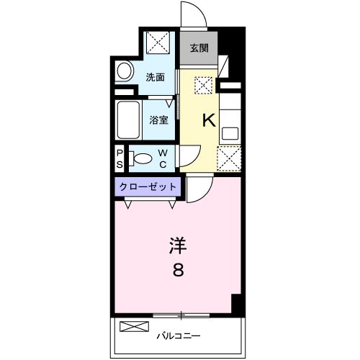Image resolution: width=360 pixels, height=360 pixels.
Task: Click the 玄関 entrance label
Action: [x=199, y=48]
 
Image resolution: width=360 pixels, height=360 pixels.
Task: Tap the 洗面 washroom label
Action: [x=156, y=77]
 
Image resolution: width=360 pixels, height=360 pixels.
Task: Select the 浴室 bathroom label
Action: [x=159, y=120]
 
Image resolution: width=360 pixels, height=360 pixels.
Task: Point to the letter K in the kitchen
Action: [x=208, y=121]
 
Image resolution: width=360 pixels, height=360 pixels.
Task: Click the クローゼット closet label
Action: [x=148, y=186]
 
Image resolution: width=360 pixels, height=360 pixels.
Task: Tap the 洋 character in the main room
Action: [x=177, y=246]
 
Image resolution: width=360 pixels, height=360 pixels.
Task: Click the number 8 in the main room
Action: [x=177, y=271]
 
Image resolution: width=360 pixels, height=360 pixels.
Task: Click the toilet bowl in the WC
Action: [x=143, y=158]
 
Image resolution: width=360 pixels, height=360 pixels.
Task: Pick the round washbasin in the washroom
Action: [x=125, y=72]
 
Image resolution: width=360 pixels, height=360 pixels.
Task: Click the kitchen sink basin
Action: [x=230, y=132]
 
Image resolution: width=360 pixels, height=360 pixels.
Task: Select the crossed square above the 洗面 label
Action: [x=158, y=43]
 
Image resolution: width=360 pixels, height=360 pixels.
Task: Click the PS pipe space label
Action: [x=120, y=158]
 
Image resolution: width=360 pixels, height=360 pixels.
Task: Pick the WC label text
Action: [x=163, y=158]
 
